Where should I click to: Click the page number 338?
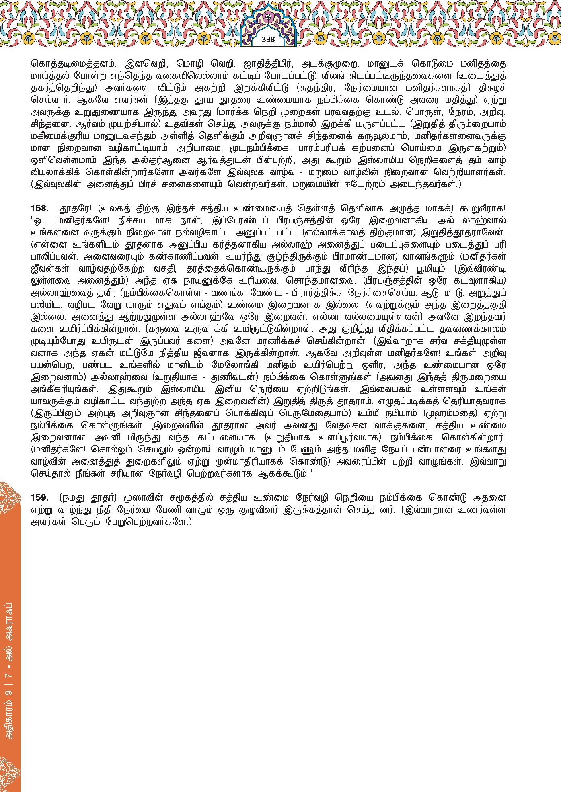pyautogui.click(x=268, y=39)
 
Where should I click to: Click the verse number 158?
pyautogui.click(x=39, y=209)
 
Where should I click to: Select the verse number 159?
pyautogui.click(x=39, y=498)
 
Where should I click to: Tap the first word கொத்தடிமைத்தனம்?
pyautogui.click(x=74, y=64)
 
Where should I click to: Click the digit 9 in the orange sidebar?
pyautogui.click(x=10, y=692)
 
